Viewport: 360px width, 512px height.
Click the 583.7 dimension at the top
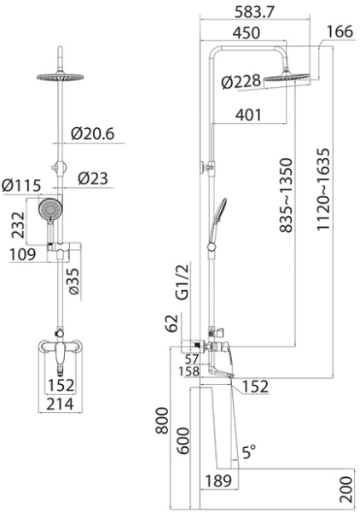pyautogui.click(x=255, y=12)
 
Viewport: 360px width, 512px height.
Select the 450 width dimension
pyautogui.click(x=247, y=32)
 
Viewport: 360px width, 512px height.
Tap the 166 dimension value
pyautogui.click(x=340, y=32)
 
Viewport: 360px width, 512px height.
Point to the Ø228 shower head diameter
pyautogui.click(x=241, y=82)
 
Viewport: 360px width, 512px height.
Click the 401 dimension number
pyautogui.click(x=248, y=115)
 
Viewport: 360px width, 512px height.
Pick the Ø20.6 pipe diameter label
pyautogui.click(x=93, y=134)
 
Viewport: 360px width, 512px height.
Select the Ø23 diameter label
pyautogui.click(x=93, y=178)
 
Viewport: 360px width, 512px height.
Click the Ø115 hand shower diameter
pyautogui.click(x=21, y=186)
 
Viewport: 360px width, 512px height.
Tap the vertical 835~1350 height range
pyautogui.click(x=287, y=195)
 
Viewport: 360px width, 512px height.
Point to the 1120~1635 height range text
pyautogui.click(x=323, y=189)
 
